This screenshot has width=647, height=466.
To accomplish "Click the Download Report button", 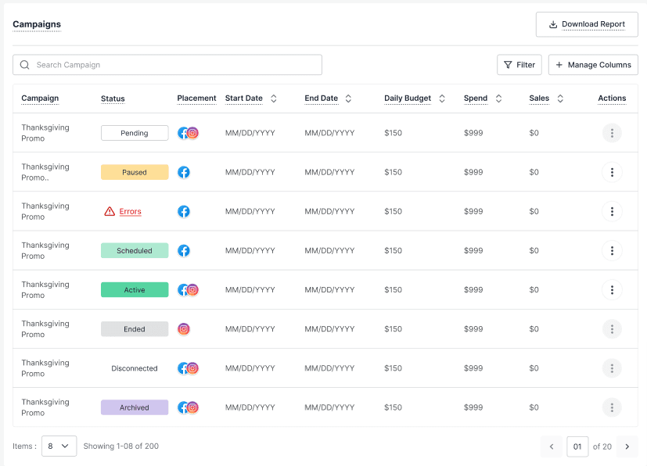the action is (x=587, y=24).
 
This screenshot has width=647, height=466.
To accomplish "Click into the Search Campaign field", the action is (x=167, y=65).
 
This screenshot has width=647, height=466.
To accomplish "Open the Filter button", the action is (x=519, y=65).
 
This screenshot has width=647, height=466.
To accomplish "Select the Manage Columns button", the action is (x=593, y=65).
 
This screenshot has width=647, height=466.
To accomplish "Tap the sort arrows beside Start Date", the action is (x=274, y=99).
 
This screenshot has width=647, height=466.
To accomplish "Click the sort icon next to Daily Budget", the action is (x=442, y=99).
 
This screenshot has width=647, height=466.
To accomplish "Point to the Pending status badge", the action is (x=135, y=133).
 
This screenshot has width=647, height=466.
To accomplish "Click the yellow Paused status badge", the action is (x=135, y=172).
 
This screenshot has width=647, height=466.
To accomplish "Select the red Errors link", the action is (x=131, y=212).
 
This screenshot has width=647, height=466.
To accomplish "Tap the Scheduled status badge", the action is (x=135, y=250).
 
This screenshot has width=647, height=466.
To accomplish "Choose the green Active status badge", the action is (x=135, y=289).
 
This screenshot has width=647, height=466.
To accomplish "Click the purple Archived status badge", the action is (x=135, y=407).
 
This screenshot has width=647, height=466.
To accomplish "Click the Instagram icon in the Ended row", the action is (x=184, y=328).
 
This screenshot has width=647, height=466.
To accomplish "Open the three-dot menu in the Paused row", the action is (x=612, y=172).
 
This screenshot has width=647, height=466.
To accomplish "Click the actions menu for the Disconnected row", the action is (x=612, y=367).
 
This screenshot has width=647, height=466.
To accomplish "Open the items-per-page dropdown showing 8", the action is (x=59, y=446).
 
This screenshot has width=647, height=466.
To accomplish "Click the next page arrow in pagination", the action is (x=627, y=446).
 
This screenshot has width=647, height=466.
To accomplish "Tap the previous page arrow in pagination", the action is (x=552, y=446).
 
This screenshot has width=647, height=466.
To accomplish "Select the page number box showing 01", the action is (x=577, y=446).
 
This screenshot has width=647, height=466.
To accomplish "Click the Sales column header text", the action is (x=539, y=99).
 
